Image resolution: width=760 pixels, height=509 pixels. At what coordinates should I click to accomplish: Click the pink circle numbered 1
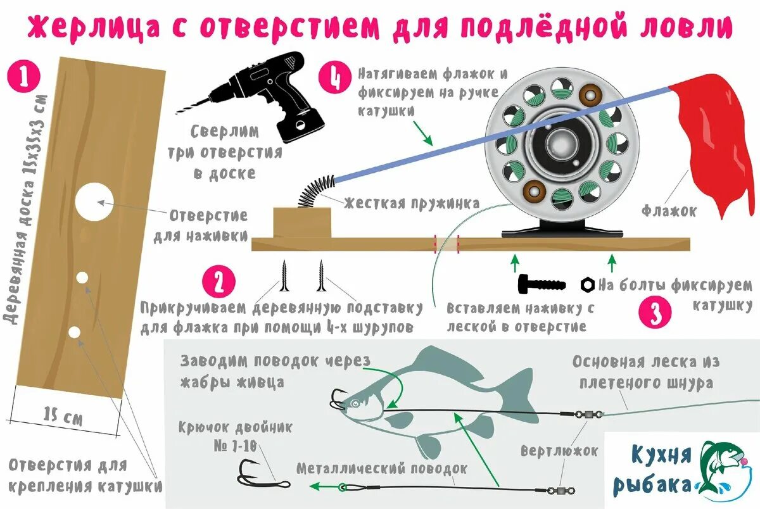pyautogui.click(x=23, y=77)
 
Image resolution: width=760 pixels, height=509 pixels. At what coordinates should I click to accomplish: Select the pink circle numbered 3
pyautogui.click(x=655, y=312)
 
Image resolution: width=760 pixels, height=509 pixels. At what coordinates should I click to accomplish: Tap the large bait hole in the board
pyautogui.click(x=94, y=203)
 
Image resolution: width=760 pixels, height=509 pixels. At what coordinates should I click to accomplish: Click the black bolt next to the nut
pyautogui.click(x=541, y=284)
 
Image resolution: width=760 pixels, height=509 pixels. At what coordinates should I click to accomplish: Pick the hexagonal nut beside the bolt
pyautogui.click(x=587, y=285)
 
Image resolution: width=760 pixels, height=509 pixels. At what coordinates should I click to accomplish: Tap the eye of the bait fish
pyautogui.click(x=355, y=403)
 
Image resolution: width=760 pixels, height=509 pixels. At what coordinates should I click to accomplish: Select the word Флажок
pyautogui.click(x=669, y=211)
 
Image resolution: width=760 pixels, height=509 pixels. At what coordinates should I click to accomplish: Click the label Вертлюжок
pyautogui.click(x=559, y=451)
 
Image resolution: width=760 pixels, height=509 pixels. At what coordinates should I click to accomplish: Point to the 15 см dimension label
pyautogui.click(x=63, y=416)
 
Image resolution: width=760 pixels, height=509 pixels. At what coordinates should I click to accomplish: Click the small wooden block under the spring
pyautogui.click(x=302, y=223)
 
